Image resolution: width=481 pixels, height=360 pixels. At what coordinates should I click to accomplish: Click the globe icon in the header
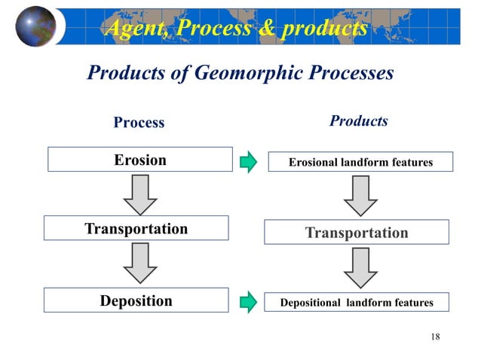coord(36,26)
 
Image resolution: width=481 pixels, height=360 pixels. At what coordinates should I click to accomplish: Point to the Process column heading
coord(139,122)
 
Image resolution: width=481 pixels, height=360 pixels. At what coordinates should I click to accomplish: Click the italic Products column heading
coord(359,121)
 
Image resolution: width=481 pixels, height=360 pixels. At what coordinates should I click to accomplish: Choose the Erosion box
coord(140,160)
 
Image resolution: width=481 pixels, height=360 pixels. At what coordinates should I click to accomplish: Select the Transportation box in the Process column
coord(136,229)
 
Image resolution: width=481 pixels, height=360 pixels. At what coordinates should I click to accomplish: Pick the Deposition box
coord(136,301)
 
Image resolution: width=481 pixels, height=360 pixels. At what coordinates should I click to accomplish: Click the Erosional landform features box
coord(361,162)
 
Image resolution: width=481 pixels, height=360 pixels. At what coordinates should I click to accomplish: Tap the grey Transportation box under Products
coord(357,233)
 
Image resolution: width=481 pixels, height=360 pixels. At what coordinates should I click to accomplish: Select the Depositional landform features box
coord(357,303)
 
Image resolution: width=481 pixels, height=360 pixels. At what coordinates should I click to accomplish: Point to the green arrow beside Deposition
coord(249,303)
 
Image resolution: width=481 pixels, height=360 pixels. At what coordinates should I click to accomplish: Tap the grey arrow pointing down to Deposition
coord(140,264)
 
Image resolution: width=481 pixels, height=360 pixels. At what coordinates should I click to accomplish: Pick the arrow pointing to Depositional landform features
coord(360,268)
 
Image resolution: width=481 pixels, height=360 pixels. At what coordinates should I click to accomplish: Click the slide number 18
coord(435,336)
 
